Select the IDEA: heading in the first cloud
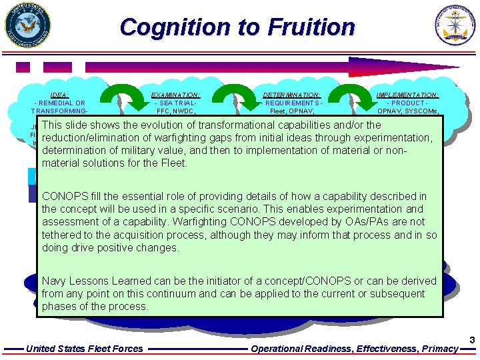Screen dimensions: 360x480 pyautogui.click(x=59, y=95)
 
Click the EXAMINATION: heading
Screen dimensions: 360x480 pyautogui.click(x=176, y=95)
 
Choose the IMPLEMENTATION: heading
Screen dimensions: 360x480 pyautogui.click(x=407, y=95)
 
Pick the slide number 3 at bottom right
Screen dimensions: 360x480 pyautogui.click(x=472, y=341)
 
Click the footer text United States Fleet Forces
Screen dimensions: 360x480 pyautogui.click(x=84, y=348)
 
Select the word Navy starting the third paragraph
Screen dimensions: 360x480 pyautogui.click(x=54, y=281)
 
